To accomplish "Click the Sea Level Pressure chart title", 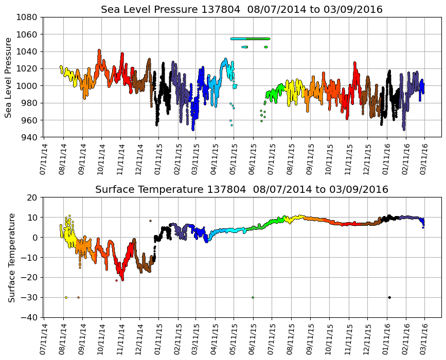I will pos(241,10).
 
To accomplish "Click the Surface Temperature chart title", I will pos(241,190).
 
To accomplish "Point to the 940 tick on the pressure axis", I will pos(30,137).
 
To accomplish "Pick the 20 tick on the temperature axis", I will pos(33,197).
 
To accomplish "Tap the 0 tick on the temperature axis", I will pos(35,238).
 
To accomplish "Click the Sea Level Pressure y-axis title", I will pos(8,77).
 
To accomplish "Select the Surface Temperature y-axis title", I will pos(11,257).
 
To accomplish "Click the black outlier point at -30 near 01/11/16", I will pos(389,297).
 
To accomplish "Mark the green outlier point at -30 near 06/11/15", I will pos(253,297).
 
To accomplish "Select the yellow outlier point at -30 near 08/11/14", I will pos(66,297).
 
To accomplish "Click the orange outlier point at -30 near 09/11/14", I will pos(78,297).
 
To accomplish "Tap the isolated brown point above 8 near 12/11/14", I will pos(150,221).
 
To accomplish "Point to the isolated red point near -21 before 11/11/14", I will pos(116,280).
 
